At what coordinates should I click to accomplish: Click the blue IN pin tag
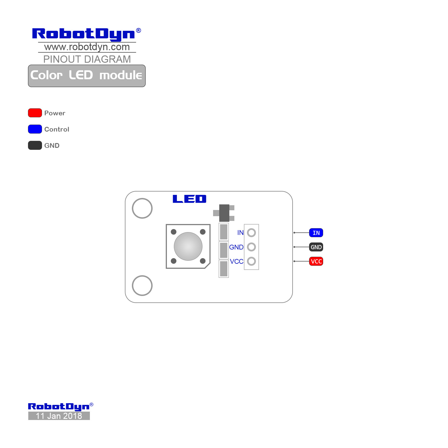316,233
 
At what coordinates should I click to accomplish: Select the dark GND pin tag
316,247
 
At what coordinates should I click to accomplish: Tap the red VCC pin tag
316,261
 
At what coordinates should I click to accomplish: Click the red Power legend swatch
35,113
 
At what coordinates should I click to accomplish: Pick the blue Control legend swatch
35,129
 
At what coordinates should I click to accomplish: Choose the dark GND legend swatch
35,145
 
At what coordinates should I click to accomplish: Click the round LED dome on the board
188,246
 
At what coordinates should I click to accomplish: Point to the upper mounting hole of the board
142,198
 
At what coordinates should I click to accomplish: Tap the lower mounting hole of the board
142,276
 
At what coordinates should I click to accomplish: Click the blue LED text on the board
190,199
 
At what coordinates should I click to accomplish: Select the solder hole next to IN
251,228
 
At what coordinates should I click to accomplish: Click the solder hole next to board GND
251,243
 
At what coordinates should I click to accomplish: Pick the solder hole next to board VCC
251,257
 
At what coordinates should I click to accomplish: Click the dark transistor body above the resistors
224,213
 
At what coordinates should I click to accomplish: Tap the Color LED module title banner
87,76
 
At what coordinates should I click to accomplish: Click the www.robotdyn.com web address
87,47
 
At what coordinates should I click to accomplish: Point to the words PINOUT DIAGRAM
87,59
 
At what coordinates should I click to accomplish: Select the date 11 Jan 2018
59,416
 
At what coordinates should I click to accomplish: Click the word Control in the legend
57,129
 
